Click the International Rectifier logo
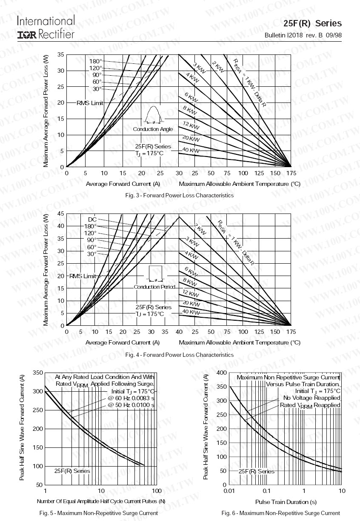(46, 27)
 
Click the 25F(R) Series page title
(312, 23)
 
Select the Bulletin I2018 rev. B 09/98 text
(303, 35)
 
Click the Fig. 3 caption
(179, 195)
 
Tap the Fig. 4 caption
(179, 354)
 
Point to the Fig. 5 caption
(98, 513)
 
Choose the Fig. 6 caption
(281, 513)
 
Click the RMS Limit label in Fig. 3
(90, 103)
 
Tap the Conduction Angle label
(153, 129)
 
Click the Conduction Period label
(154, 287)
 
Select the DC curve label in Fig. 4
(92, 219)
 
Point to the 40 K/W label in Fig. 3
(191, 151)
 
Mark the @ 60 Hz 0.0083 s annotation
(131, 398)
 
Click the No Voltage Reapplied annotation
(311, 398)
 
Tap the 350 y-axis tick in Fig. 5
(38, 373)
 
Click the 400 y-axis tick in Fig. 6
(221, 373)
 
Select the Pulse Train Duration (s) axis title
(286, 502)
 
